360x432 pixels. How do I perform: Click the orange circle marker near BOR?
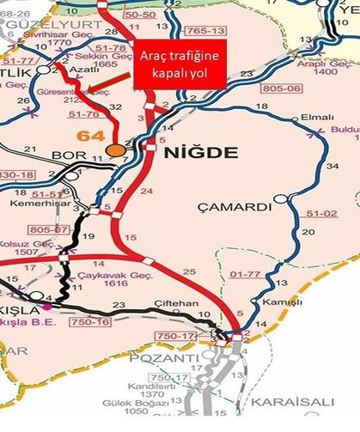coord(113,150)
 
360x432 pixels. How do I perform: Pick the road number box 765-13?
coord(199,31)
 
